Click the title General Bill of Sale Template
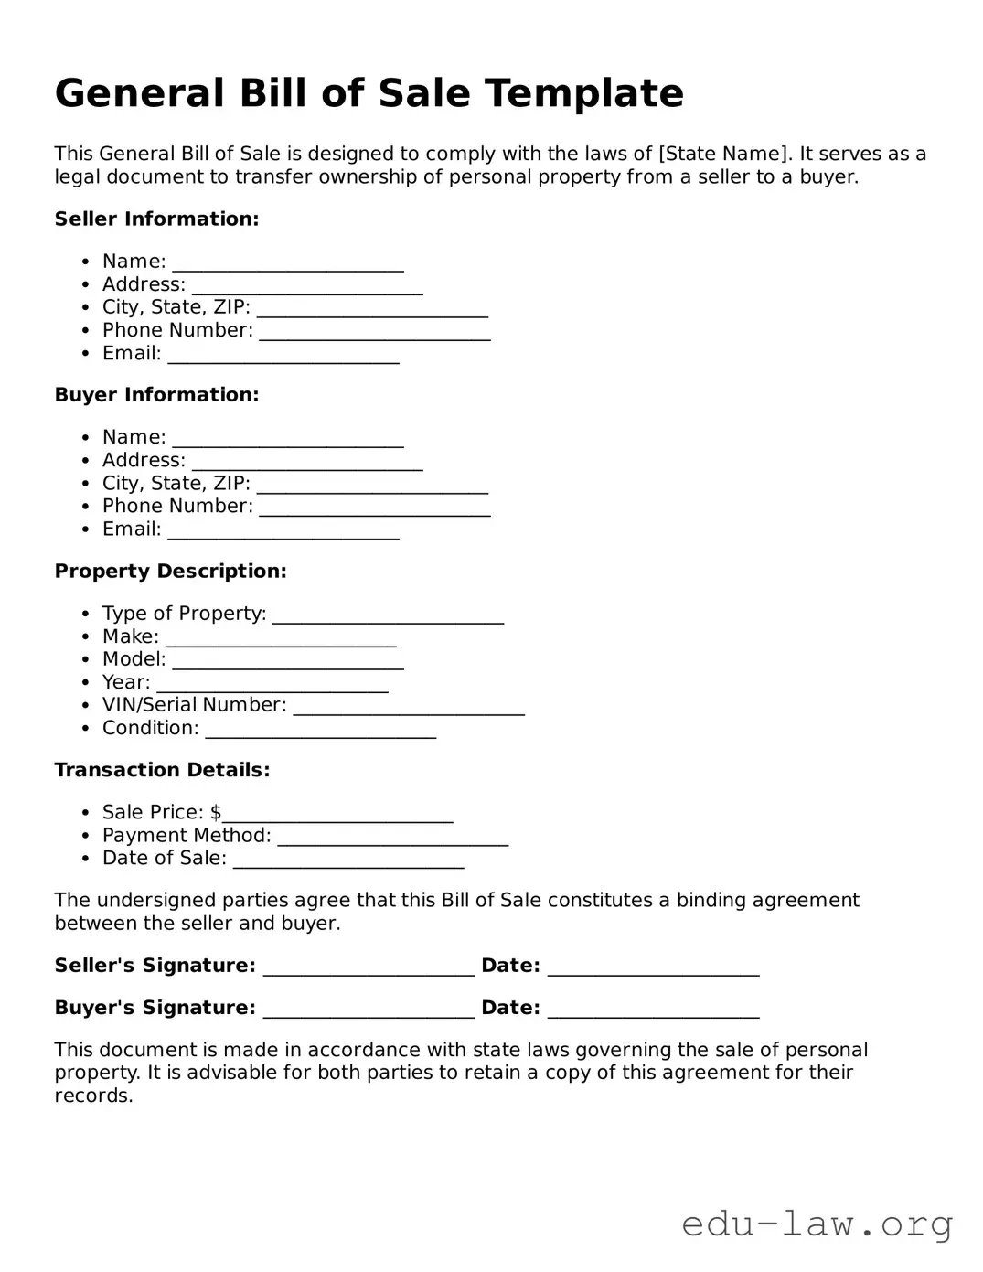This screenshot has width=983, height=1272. click(x=369, y=93)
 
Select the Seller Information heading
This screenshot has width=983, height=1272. click(x=156, y=219)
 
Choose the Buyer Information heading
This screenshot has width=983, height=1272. click(x=156, y=395)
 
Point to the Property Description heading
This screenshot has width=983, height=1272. click(x=170, y=572)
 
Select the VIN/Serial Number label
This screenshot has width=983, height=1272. click(x=194, y=705)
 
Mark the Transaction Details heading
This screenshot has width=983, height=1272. click(x=162, y=770)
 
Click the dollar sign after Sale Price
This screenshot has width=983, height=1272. click(x=216, y=812)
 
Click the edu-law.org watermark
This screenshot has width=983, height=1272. click(x=817, y=1224)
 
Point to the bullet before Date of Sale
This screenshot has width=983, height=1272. click(x=84, y=859)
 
